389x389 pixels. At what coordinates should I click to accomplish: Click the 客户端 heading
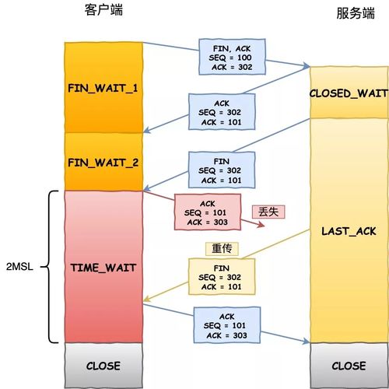tap(103, 10)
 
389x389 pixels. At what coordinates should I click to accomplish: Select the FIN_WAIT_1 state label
tap(103, 87)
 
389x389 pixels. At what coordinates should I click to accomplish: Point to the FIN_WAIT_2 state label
tap(103, 163)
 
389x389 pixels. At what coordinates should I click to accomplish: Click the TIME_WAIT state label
tap(103, 267)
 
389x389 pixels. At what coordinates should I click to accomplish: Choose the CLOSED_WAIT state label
tap(349, 93)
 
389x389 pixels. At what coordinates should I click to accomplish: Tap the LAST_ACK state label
tap(349, 232)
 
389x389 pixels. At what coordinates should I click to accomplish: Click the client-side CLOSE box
tap(103, 365)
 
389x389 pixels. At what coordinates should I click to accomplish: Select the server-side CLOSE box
tap(349, 365)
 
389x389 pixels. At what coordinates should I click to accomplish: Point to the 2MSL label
tap(18, 267)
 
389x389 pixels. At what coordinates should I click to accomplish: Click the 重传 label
tap(220, 249)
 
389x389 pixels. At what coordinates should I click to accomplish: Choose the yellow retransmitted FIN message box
tap(219, 277)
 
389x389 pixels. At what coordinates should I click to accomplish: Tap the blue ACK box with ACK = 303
tap(227, 324)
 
